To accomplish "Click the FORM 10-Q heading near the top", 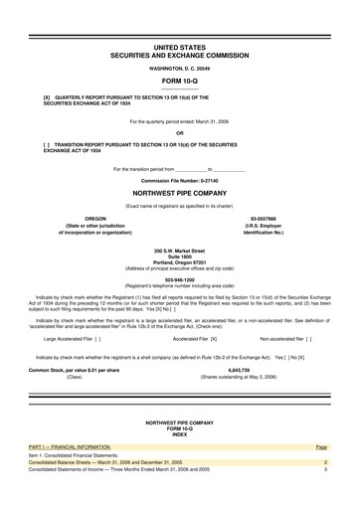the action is point(180,80).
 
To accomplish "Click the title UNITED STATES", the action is point(180,47).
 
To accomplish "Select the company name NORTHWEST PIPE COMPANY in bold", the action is point(180,193).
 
